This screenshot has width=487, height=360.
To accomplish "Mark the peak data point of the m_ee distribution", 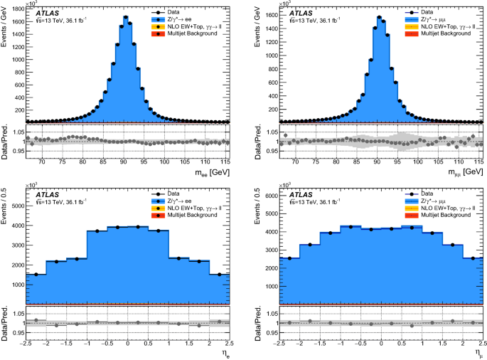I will pos(125,17).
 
